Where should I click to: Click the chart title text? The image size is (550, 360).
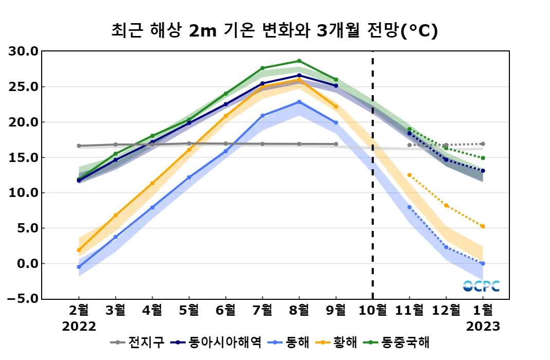pyautogui.click(x=274, y=31)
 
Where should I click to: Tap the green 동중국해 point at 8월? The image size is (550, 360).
pyautogui.click(x=299, y=61)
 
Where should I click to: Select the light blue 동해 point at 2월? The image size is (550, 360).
pyautogui.click(x=79, y=267)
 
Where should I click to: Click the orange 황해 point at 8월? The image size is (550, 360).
pyautogui.click(x=299, y=80)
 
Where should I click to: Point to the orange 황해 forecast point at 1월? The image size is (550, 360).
pyautogui.click(x=483, y=226)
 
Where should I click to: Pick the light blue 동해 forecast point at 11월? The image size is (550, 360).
pyautogui.click(x=410, y=207)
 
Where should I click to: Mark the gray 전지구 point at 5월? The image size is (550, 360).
pyautogui.click(x=189, y=143)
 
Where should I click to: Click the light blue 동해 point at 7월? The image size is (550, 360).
pyautogui.click(x=263, y=116)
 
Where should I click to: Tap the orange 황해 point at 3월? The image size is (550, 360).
pyautogui.click(x=116, y=215)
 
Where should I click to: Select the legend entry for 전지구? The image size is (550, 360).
pyautogui.click(x=138, y=342)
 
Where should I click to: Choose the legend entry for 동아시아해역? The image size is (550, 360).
pyautogui.click(x=217, y=342)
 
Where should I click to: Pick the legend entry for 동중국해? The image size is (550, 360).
pyautogui.click(x=398, y=342)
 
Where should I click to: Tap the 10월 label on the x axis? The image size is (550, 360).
pyautogui.click(x=373, y=311)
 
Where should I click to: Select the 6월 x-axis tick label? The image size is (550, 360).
pyautogui.click(x=226, y=311)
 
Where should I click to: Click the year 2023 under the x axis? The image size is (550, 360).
pyautogui.click(x=483, y=327)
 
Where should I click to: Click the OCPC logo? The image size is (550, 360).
pyautogui.click(x=481, y=286)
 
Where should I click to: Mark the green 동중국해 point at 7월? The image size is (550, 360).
pyautogui.click(x=263, y=68)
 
